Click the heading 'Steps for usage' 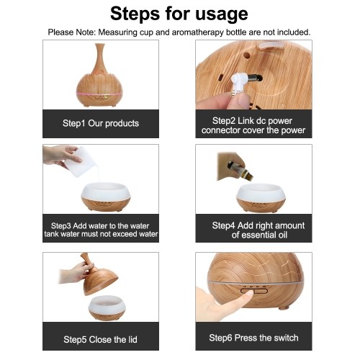pos(179,14)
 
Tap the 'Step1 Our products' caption pos(101,123)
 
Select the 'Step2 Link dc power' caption pos(252,121)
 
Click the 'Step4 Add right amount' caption pos(258,225)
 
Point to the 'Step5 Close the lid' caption pos(100,340)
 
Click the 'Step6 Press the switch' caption pos(253,338)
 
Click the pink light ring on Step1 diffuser pos(101,94)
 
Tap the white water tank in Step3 pos(106,192)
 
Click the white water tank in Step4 pos(261,192)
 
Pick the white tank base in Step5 pos(107,304)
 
